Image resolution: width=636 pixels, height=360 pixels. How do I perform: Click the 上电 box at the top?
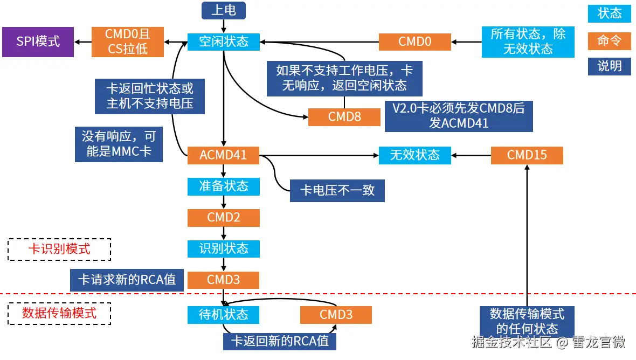pyautogui.click(x=223, y=10)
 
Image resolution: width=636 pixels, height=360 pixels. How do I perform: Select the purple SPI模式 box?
pyautogui.click(x=37, y=41)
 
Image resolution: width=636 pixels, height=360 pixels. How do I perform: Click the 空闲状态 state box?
pyautogui.click(x=223, y=41)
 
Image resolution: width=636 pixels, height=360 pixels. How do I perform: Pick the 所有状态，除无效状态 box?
pyautogui.click(x=528, y=41)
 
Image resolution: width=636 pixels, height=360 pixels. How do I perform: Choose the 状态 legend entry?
pyautogui.click(x=609, y=13)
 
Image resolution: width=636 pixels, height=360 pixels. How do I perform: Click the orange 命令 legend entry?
pyautogui.click(x=609, y=40)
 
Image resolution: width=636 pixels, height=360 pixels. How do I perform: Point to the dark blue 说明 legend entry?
pyautogui.click(x=609, y=66)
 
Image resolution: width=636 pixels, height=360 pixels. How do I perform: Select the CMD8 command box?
pyautogui.click(x=344, y=117)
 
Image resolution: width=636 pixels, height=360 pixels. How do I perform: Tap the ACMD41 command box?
pyautogui.click(x=223, y=155)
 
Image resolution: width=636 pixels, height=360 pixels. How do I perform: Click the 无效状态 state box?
pyautogui.click(x=414, y=155)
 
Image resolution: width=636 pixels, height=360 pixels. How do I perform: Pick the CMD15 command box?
pyautogui.click(x=527, y=155)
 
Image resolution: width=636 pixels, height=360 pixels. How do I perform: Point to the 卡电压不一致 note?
pyautogui.click(x=337, y=191)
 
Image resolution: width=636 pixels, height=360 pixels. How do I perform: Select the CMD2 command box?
pyautogui.click(x=223, y=218)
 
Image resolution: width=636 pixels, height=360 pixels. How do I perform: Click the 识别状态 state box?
pyautogui.click(x=223, y=248)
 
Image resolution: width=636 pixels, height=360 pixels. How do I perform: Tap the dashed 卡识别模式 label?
pyautogui.click(x=59, y=249)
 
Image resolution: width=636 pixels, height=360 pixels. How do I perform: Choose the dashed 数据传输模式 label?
pyautogui.click(x=59, y=313)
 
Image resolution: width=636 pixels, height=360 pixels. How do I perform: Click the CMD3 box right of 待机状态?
pyautogui.click(x=335, y=314)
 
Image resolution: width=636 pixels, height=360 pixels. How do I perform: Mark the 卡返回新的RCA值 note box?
pyautogui.click(x=279, y=341)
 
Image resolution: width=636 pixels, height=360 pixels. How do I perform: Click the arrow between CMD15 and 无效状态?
pyautogui.click(x=471, y=155)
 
